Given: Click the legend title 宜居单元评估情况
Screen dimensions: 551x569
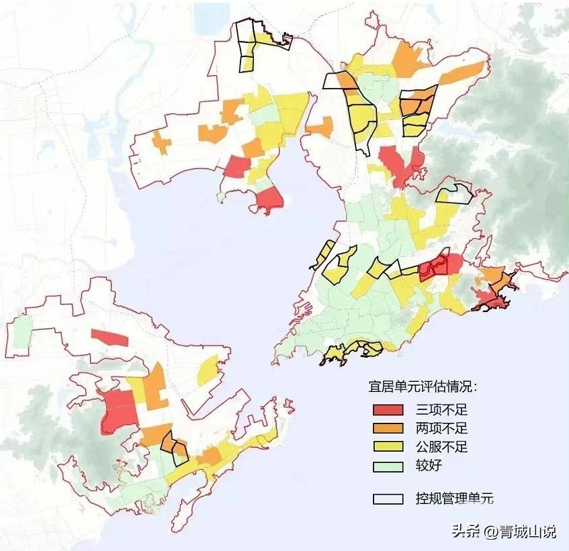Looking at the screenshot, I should point(423,387).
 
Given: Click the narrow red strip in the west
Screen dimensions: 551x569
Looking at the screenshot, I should point(109,338).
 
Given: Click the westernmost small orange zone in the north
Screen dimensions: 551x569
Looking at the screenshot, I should point(161,142).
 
